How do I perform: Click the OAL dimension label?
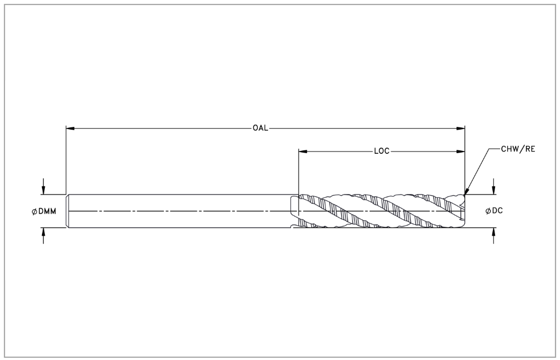point(260,128)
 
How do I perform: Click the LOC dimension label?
point(382,151)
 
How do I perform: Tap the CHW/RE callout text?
point(518,149)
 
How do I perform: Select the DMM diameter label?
point(44,211)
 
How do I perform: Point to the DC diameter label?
point(495,211)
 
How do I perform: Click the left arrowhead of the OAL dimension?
point(70,128)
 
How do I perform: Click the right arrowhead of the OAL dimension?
point(461,128)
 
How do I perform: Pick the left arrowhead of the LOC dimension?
point(303,151)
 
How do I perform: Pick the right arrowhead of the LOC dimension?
point(461,151)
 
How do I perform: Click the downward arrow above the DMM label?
point(43,186)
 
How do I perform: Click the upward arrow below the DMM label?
point(43,236)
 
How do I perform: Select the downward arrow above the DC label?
point(493,186)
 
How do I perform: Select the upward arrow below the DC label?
point(493,236)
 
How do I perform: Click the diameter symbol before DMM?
point(34,212)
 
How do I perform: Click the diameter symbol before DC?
point(488,211)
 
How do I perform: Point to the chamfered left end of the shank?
point(68,211)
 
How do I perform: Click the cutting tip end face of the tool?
point(464,211)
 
